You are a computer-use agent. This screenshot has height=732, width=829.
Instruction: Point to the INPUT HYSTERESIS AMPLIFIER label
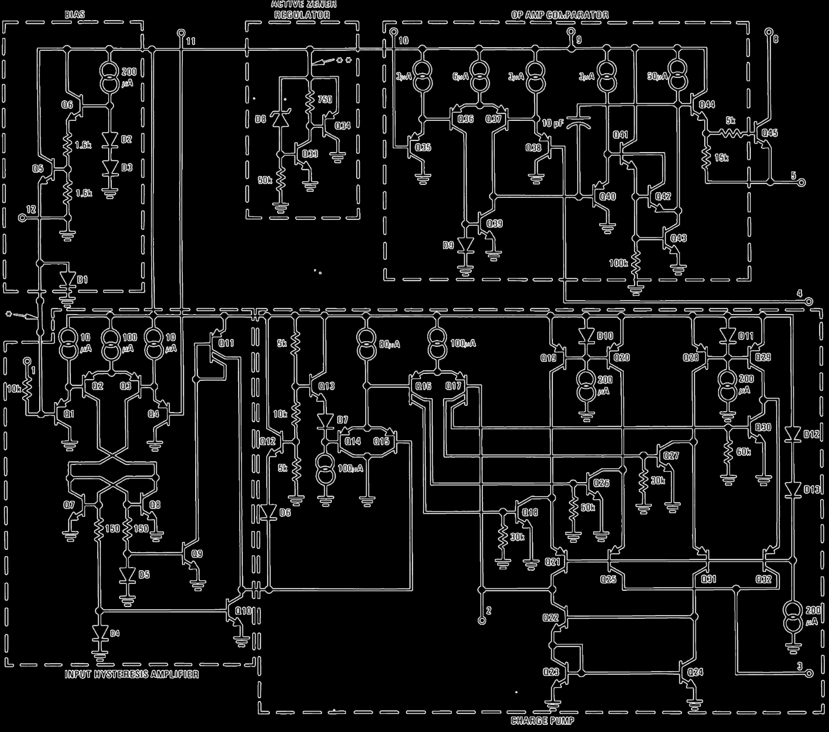click(132, 674)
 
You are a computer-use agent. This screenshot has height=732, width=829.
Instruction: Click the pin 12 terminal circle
click(22, 218)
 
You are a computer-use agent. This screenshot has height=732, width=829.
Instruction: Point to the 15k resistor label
click(721, 158)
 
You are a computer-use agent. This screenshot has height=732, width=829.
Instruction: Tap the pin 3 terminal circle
click(809, 673)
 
